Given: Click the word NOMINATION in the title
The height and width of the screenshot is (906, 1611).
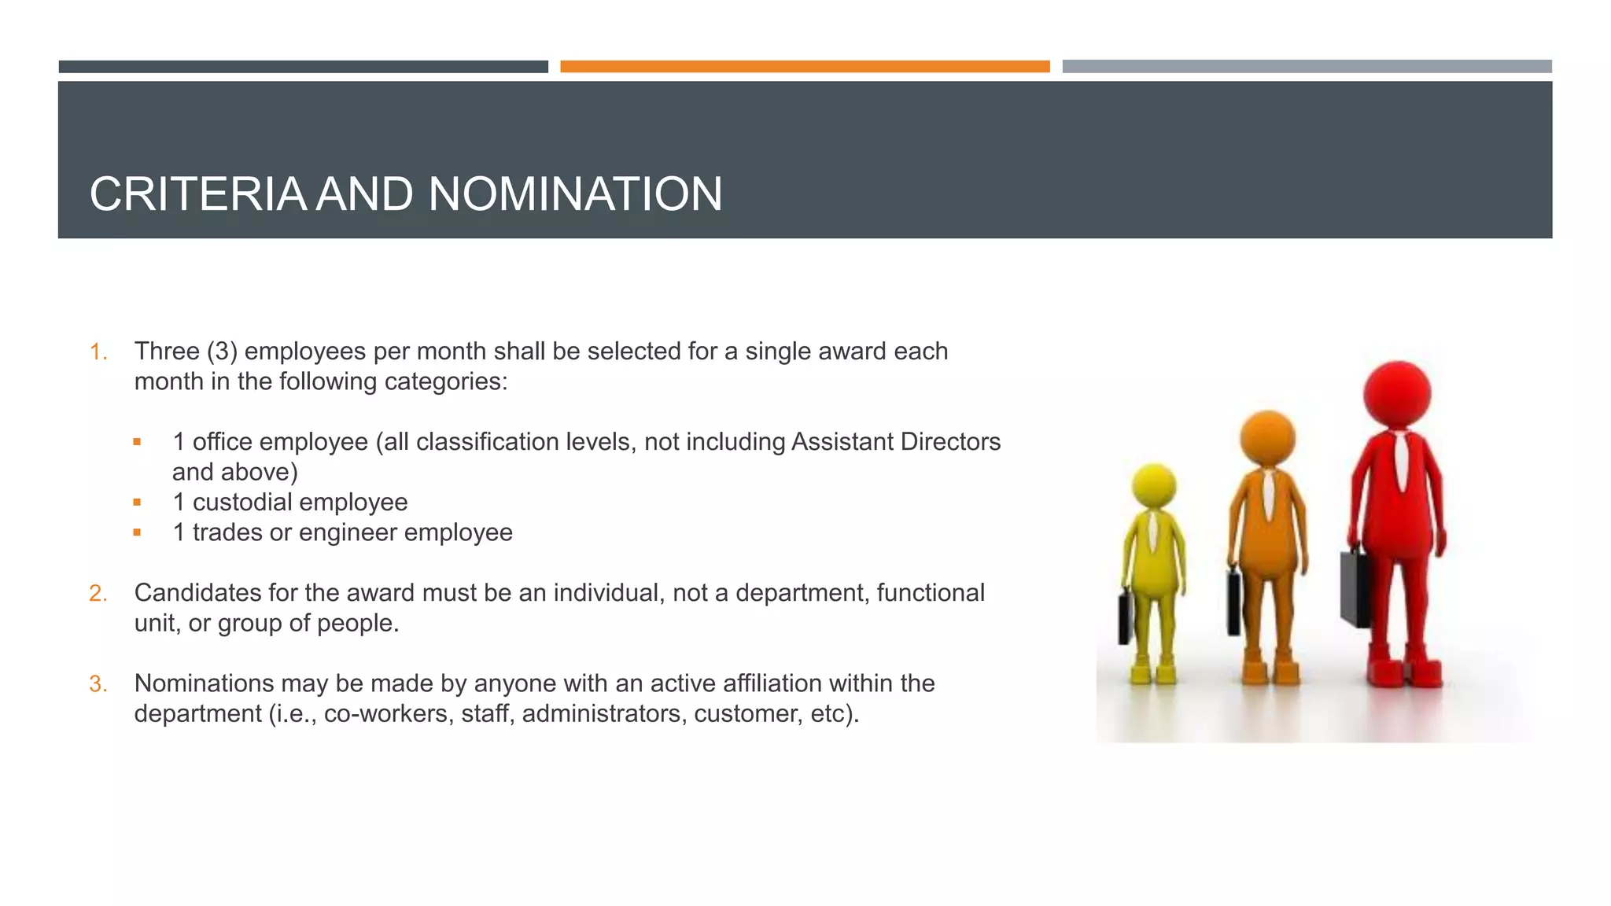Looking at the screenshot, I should click(x=575, y=194).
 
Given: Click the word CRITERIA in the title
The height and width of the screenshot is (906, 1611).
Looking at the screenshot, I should click(x=197, y=194).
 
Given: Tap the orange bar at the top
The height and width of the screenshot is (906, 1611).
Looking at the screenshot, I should click(x=805, y=67).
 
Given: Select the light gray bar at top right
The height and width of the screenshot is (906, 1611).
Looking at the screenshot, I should click(x=1307, y=67).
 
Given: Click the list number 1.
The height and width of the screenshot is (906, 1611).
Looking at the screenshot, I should click(x=98, y=352).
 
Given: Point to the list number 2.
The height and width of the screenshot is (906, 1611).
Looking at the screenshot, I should click(x=98, y=593).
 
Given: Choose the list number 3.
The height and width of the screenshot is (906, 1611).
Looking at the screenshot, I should click(x=98, y=683).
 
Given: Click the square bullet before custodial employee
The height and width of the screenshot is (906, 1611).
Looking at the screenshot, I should click(x=137, y=503).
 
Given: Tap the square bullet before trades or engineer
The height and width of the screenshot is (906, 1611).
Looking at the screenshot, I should click(x=137, y=532).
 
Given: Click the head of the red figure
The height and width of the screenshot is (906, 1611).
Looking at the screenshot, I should click(x=1397, y=393).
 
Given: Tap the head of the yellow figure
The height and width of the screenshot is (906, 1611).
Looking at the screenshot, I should click(x=1153, y=485).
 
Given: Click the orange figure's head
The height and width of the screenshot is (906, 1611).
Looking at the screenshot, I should click(x=1267, y=438).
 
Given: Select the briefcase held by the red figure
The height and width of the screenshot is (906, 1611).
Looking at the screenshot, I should click(x=1355, y=586).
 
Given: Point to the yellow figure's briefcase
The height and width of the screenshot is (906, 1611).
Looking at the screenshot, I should click(x=1126, y=616).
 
